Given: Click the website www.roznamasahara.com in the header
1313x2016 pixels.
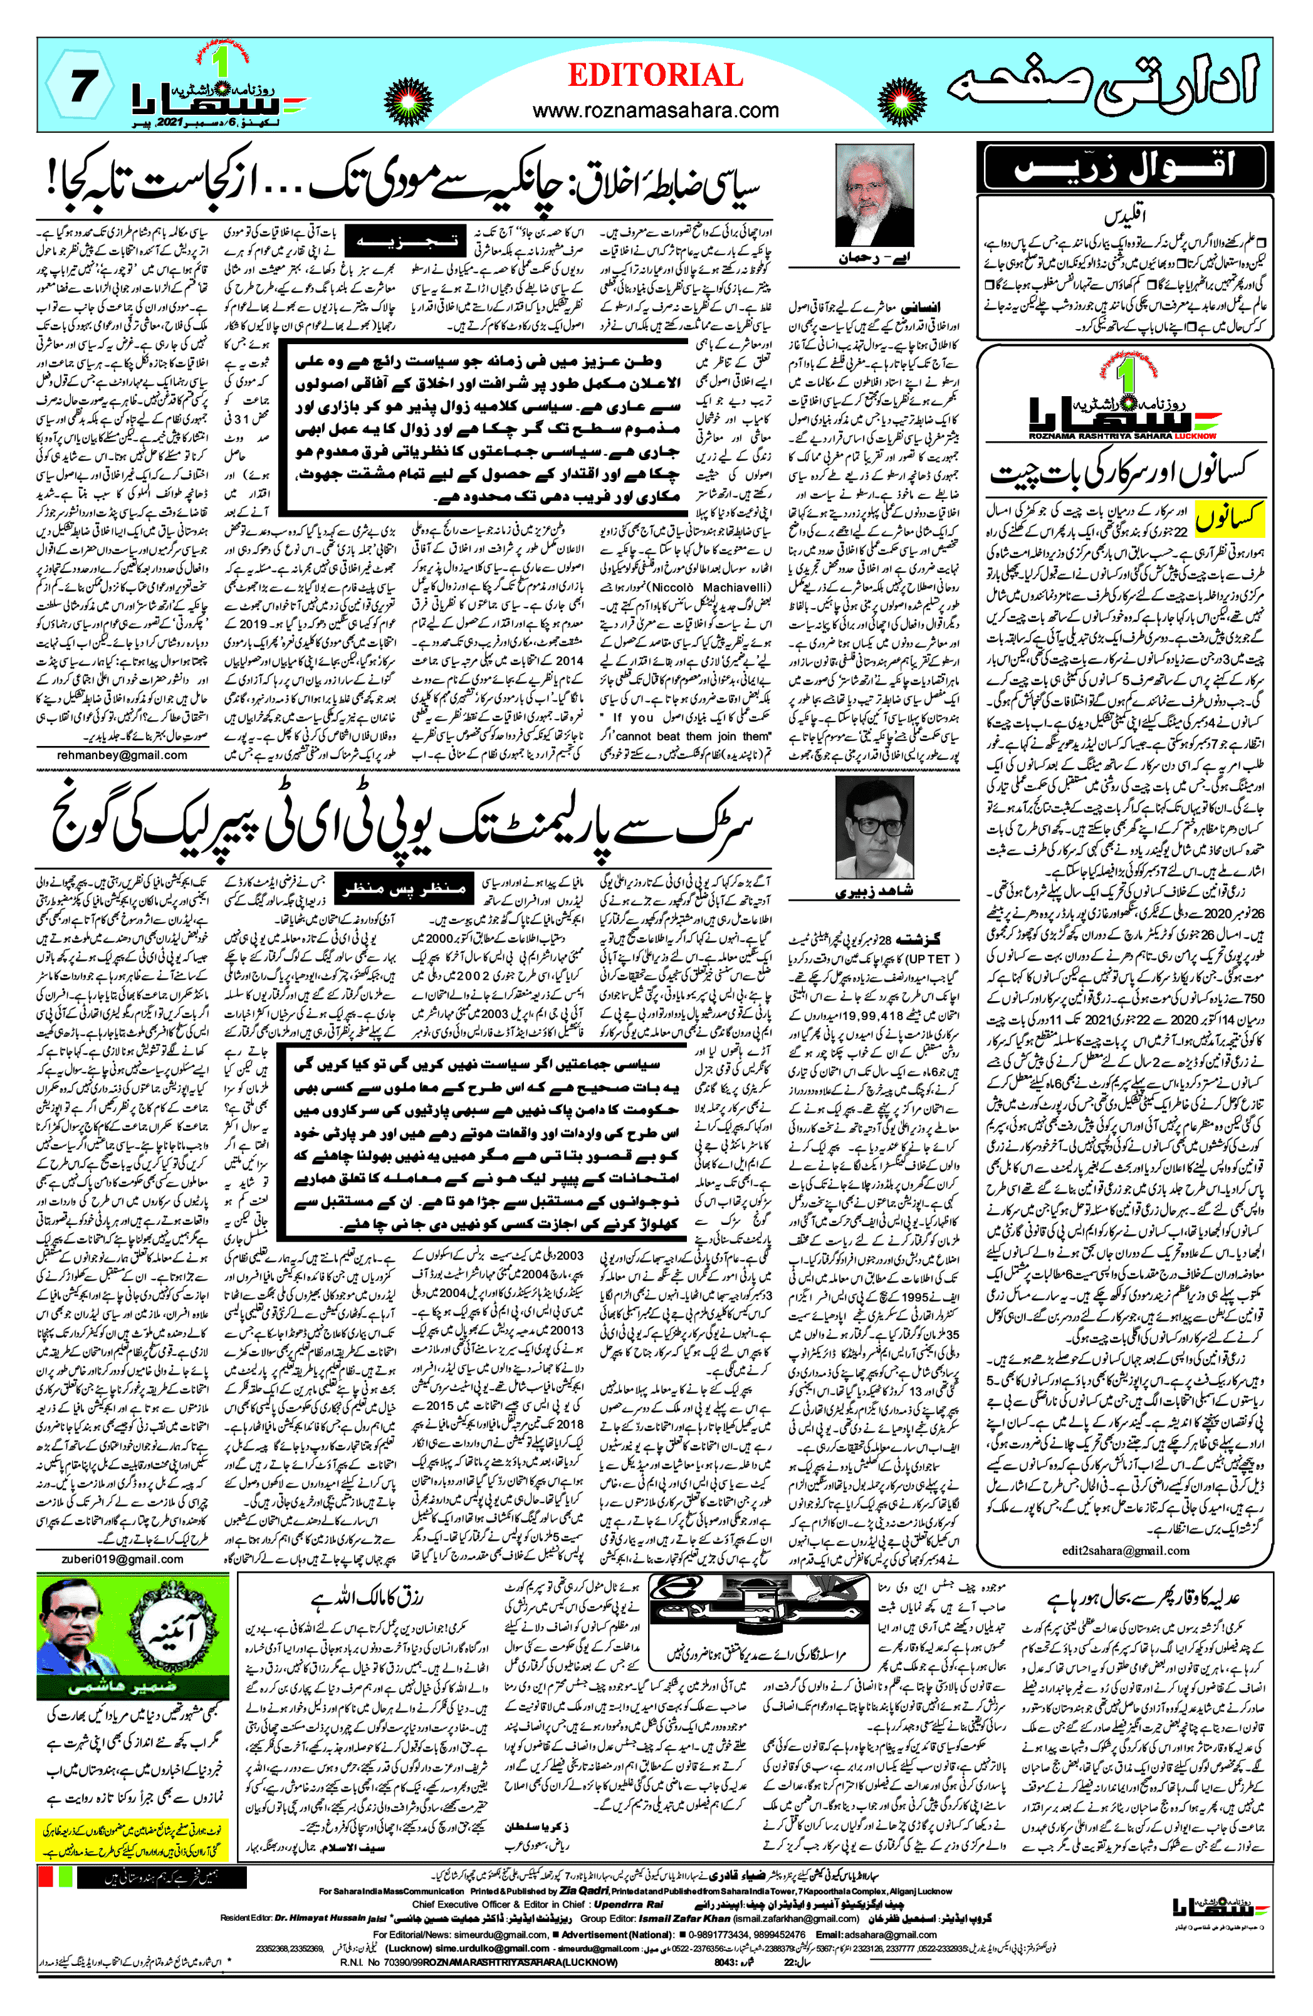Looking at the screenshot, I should click(655, 110).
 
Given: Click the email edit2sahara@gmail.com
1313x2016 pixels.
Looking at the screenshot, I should click(1125, 1550).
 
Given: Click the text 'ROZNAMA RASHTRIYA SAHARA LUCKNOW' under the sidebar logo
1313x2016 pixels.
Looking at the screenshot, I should click(1122, 437).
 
